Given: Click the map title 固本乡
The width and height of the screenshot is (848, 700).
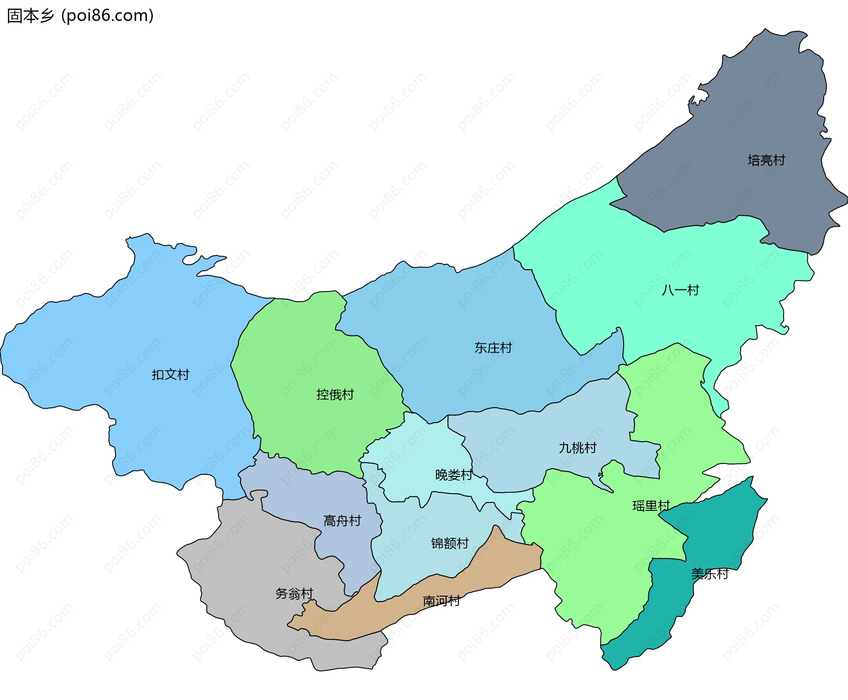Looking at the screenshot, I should [30, 15].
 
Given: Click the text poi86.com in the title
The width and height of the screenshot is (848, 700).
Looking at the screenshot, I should [107, 15].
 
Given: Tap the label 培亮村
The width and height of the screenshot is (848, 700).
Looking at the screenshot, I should [766, 160].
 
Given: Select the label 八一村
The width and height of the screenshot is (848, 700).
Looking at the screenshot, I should [681, 290].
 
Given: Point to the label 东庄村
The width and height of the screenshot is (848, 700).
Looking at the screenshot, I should [493, 348].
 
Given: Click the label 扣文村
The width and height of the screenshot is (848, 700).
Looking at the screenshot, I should [170, 375].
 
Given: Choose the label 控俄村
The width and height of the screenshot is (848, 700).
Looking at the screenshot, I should [335, 394].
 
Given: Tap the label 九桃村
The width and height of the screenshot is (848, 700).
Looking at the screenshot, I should [577, 448].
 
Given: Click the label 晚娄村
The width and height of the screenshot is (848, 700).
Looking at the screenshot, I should [454, 475].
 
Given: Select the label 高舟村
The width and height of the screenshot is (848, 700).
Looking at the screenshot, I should [342, 521].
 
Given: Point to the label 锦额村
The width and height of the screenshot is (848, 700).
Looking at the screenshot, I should [450, 543].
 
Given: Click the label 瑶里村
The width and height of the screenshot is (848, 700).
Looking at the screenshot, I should [651, 506].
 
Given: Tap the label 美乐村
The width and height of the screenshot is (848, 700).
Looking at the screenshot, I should [710, 574].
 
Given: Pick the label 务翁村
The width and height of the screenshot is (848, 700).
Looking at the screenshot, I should [294, 593].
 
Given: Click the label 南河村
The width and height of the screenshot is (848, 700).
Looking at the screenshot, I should [441, 601].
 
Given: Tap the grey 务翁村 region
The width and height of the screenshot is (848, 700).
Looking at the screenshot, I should [247, 574].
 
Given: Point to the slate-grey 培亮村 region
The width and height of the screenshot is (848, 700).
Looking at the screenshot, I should [751, 110].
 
